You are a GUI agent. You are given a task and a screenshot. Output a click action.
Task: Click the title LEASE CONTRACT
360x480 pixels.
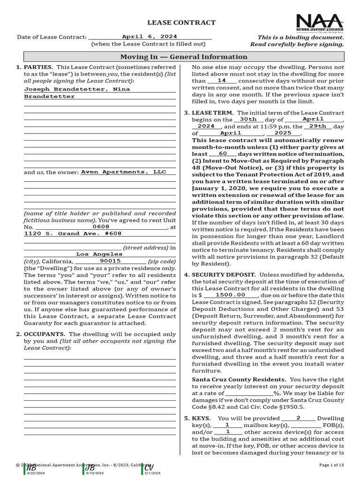tap(181, 22)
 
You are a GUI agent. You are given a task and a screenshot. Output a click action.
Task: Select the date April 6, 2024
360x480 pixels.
tap(150, 36)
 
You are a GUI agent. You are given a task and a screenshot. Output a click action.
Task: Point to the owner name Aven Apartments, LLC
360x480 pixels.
tap(124, 172)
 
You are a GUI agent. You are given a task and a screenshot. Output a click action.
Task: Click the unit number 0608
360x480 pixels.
tap(101, 226)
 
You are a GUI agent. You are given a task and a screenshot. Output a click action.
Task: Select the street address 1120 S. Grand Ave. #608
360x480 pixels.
tap(73, 233)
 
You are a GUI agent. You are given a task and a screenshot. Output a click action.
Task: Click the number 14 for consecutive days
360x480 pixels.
tap(222, 81)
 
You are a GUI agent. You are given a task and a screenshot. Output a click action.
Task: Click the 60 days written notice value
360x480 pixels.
tap(223, 154)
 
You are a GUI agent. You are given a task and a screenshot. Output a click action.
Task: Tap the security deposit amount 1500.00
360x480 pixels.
tap(231, 295)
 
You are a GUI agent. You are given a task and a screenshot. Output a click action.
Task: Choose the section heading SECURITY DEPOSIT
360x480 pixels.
tap(224, 275)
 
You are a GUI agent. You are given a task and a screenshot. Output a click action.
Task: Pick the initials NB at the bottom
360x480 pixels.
tap(31, 468)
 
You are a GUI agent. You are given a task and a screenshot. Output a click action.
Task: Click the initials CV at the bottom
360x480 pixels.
tap(149, 468)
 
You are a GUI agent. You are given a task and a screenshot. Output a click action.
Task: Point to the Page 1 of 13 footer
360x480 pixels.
tap(331, 465)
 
